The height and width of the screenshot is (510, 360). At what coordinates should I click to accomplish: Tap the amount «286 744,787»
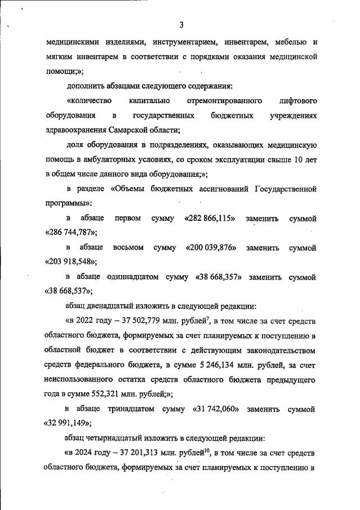click(x=70, y=232)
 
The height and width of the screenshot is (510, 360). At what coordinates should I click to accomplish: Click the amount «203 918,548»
click(x=70, y=262)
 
